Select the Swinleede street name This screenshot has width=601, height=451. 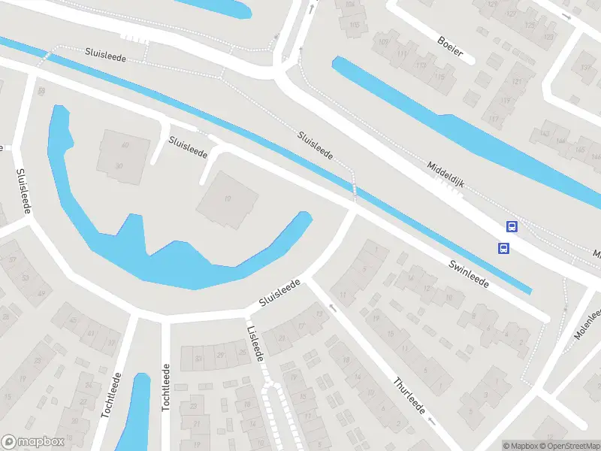click(x=470, y=275)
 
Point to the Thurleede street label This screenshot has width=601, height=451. click(x=410, y=397)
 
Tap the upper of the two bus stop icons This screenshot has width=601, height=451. click(x=512, y=226)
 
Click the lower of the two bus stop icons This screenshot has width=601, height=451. click(x=503, y=248)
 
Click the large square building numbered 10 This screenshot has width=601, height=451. click(x=228, y=198)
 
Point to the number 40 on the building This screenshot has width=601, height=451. click(x=125, y=145)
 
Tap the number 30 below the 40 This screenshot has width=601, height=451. click(x=119, y=165)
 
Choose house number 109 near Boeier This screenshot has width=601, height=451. click(x=384, y=41)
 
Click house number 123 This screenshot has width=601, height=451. click(x=530, y=25)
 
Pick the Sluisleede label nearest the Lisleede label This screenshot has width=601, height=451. click(x=279, y=292)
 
